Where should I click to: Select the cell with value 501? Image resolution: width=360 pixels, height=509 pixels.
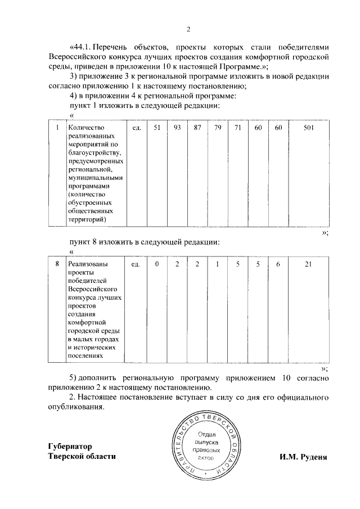click(308, 128)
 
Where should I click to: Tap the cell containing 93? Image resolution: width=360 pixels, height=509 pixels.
click(177, 128)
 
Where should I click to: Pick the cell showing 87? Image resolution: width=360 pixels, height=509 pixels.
click(197, 128)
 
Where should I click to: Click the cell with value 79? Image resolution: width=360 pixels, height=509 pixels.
click(218, 128)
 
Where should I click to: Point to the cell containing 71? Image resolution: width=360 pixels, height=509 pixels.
click(238, 128)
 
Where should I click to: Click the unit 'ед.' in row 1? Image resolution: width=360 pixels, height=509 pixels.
click(136, 128)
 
